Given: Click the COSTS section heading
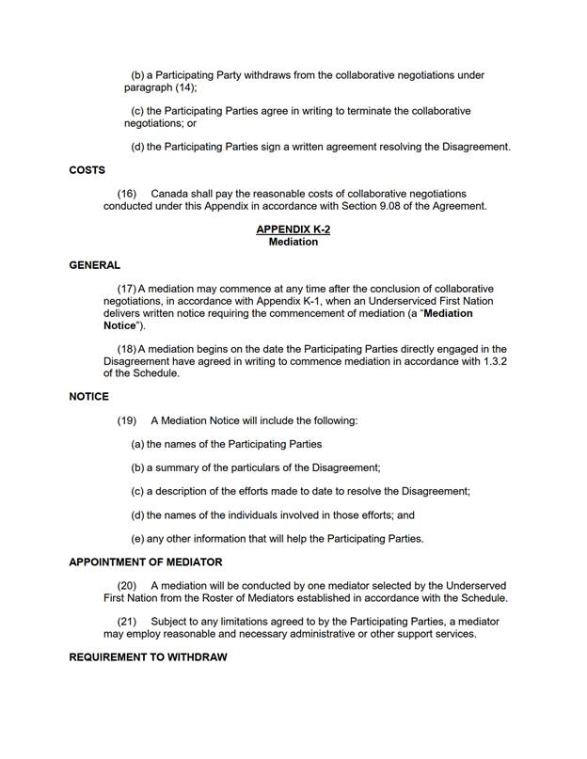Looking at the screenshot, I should point(87,170).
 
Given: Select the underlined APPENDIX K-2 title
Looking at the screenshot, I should point(293,229).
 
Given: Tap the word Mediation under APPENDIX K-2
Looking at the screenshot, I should point(293,242).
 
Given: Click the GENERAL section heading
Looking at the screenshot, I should point(94,265).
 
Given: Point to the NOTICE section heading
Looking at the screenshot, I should point(88,397).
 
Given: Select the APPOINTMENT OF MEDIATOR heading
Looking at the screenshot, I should point(145,562).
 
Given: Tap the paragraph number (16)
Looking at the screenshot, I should point(127,194).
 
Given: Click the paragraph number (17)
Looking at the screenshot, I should point(127,289).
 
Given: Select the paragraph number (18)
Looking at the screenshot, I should point(127,349).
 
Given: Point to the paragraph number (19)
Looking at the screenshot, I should point(127,420).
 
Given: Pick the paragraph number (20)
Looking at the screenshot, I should point(127,586).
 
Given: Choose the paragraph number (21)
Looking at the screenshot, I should point(127,622).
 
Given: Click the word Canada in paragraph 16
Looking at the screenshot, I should point(170,194).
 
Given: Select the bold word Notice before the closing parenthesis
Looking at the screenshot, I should point(119,325).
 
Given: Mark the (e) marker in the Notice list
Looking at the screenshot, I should point(137,539).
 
